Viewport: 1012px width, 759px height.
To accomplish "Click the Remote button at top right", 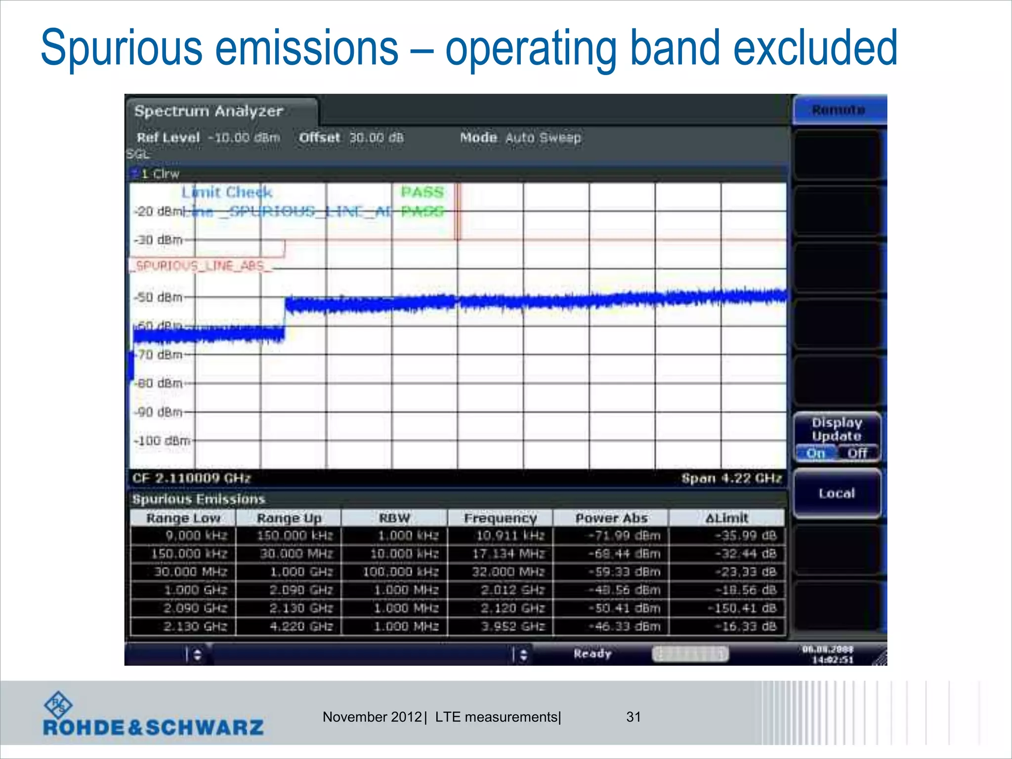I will click(839, 110).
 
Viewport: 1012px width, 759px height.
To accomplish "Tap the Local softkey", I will click(837, 493).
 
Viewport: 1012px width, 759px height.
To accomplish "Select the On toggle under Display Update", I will click(816, 453).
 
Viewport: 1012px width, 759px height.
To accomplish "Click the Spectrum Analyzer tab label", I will click(209, 111).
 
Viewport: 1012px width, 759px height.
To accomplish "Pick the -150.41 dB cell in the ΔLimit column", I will click(742, 608).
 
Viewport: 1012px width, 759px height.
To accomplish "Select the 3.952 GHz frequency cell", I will click(512, 627).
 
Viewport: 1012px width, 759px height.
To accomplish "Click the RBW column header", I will click(394, 518).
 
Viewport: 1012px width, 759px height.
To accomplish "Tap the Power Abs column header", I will click(611, 518).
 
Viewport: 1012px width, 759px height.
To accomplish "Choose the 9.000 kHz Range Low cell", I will click(196, 536).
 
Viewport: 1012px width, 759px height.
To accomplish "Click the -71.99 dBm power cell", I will click(624, 536).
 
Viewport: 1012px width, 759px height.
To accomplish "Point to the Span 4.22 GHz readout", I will click(731, 478).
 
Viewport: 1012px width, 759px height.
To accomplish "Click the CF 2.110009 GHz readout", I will click(192, 478).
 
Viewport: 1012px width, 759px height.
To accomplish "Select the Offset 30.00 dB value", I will click(376, 137).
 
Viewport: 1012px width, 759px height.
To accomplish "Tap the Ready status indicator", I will click(592, 654).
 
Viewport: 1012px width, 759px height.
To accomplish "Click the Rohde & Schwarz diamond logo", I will click(58, 705).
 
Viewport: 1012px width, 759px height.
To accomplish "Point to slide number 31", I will click(633, 717).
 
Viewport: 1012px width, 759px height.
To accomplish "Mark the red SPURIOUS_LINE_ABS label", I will click(201, 266).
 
